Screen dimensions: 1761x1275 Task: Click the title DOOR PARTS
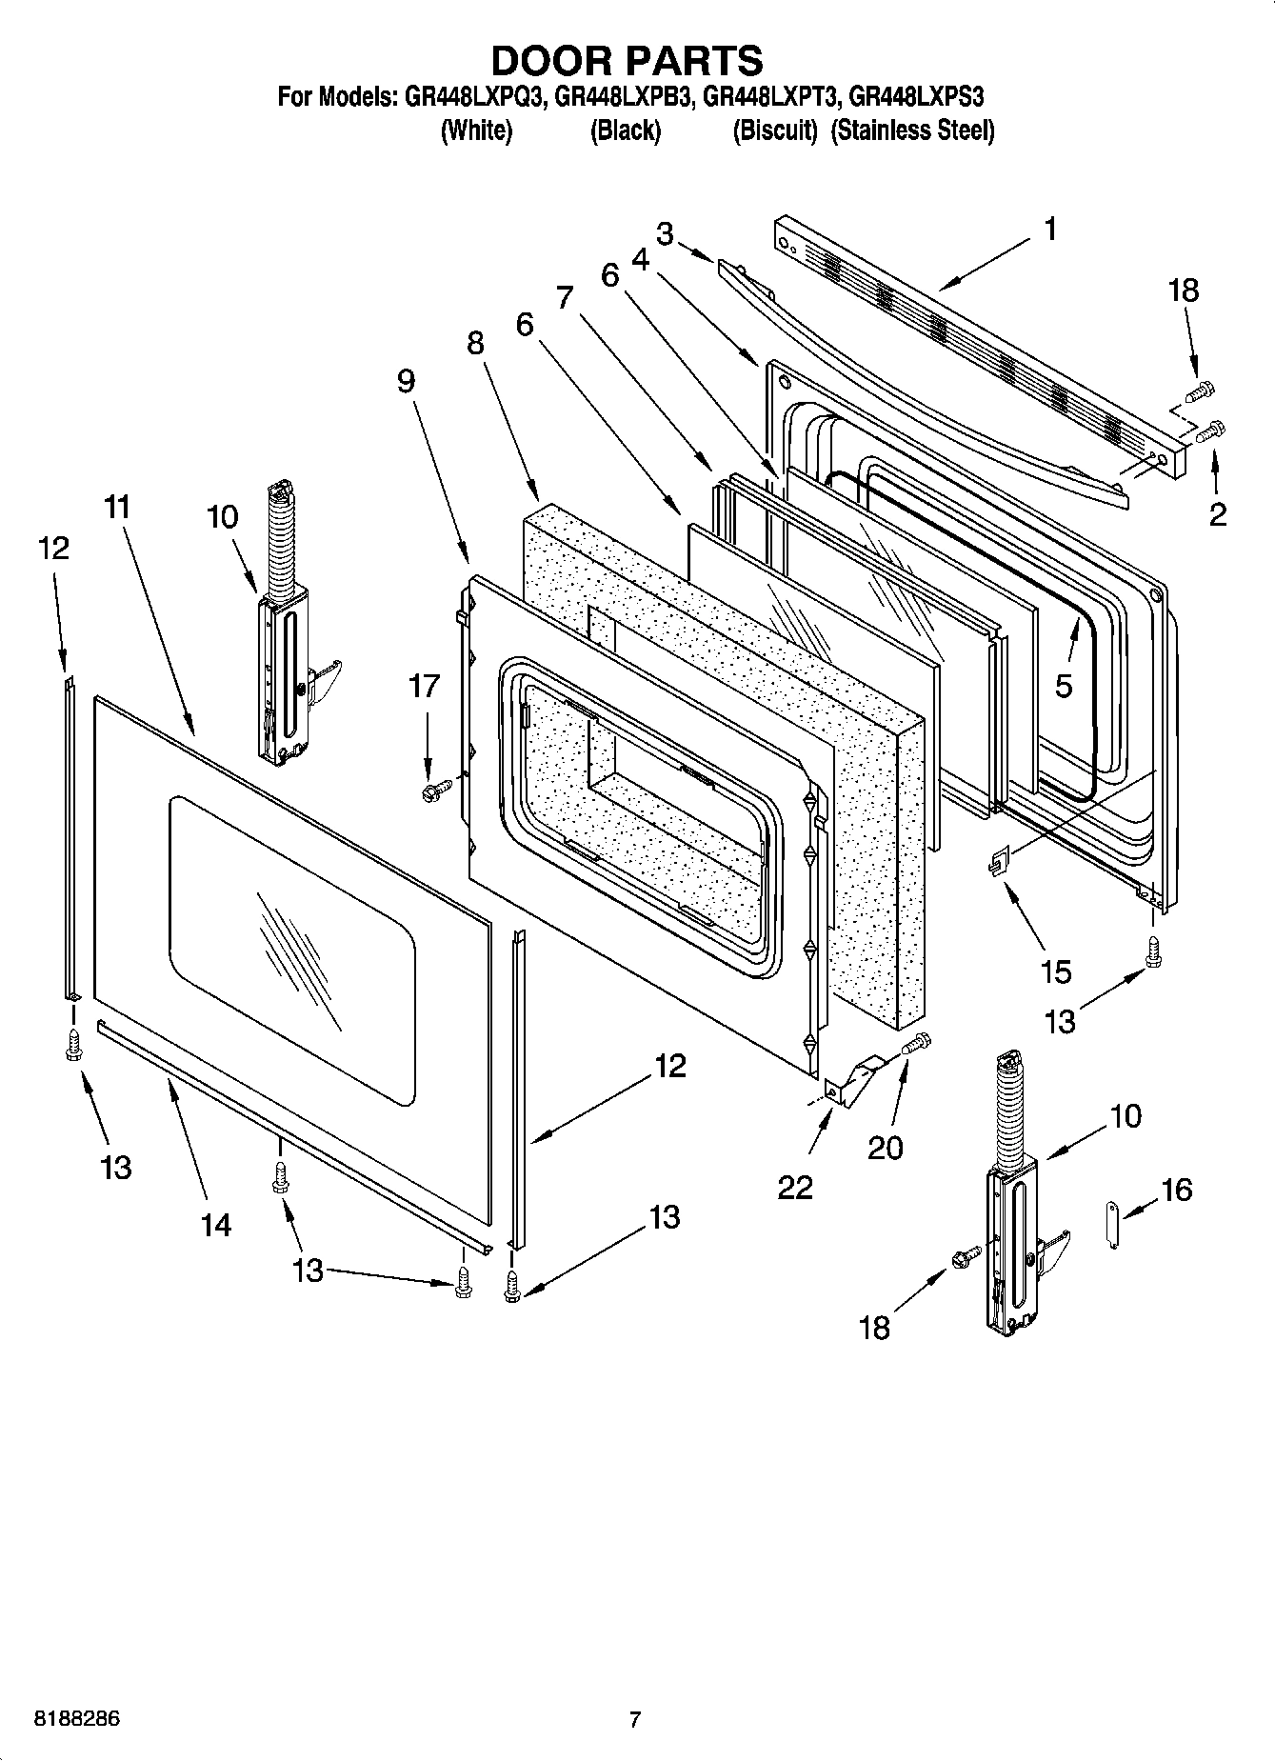pos(627,60)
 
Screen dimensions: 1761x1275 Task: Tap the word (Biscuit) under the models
pos(774,131)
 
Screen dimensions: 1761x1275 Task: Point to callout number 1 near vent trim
pos(1049,230)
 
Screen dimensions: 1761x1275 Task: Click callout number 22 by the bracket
pos(795,1187)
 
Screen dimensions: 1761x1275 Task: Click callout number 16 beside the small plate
pos(1177,1190)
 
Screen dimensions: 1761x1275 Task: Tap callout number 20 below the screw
pos(885,1148)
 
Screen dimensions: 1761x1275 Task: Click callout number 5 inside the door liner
pos(1064,686)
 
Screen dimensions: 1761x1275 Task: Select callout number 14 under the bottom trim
pos(216,1224)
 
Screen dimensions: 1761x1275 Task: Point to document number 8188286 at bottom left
pos(76,1719)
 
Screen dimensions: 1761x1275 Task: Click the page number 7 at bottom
pos(635,1719)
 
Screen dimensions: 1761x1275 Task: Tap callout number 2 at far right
pos(1217,514)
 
